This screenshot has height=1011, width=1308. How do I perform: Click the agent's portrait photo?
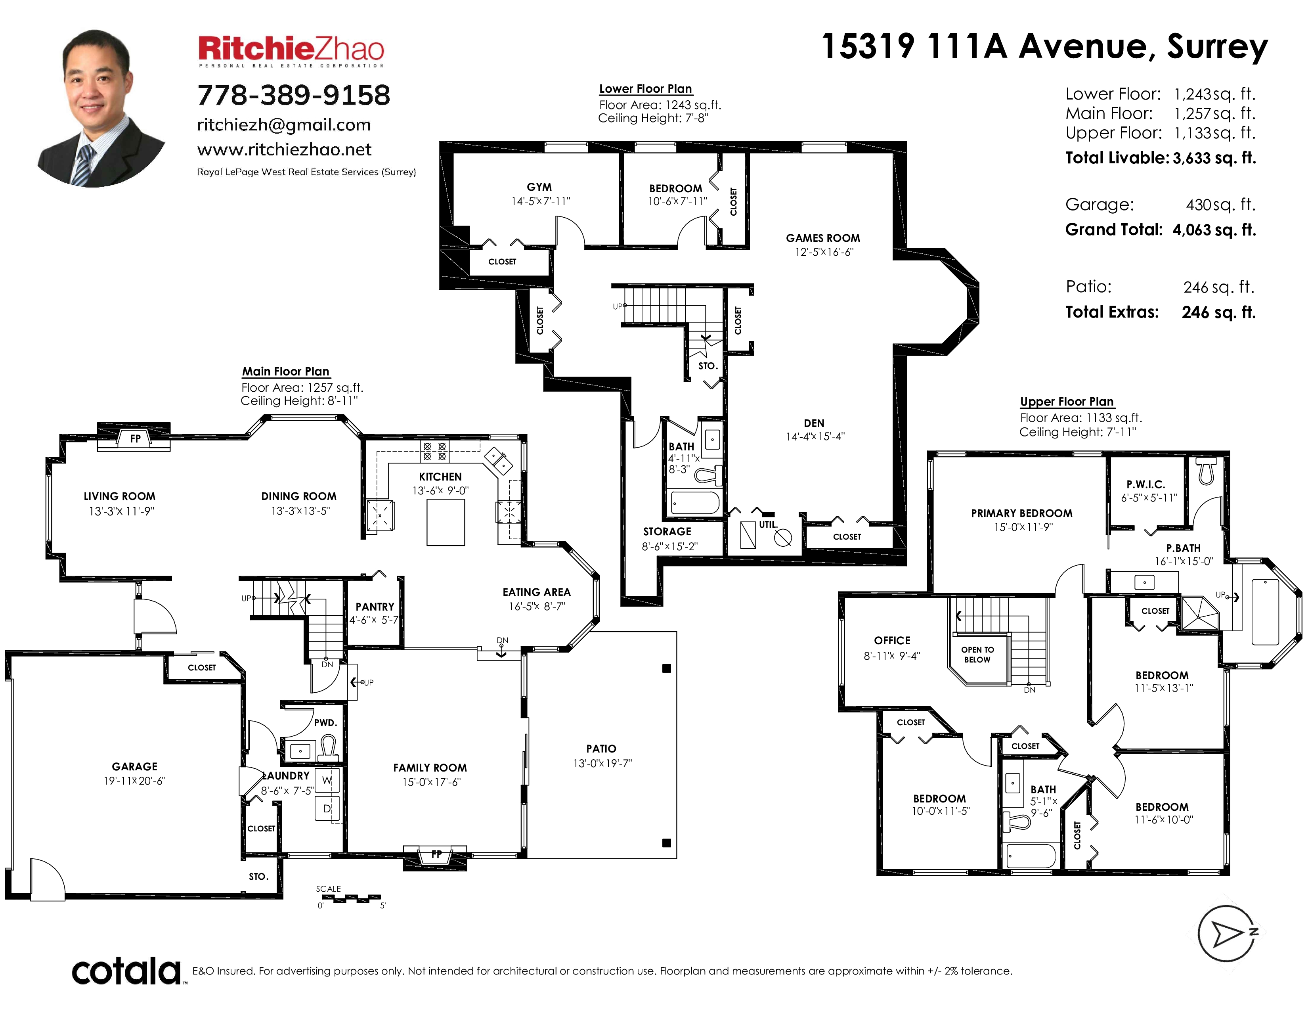[x=101, y=108]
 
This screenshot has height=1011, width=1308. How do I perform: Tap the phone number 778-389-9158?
[x=293, y=95]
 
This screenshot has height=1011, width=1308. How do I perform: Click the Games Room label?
[x=823, y=238]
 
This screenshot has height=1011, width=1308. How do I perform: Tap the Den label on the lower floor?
[x=814, y=423]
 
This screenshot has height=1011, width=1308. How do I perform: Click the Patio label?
[x=601, y=749]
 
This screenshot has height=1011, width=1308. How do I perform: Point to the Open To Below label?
[x=977, y=655]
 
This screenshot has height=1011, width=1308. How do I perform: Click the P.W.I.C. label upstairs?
[x=1146, y=484]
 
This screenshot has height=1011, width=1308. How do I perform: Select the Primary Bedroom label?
[x=1022, y=513]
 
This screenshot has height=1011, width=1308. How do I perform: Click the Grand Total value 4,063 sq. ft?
[x=1214, y=230]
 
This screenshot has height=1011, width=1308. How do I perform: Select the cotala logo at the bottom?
[x=126, y=971]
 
